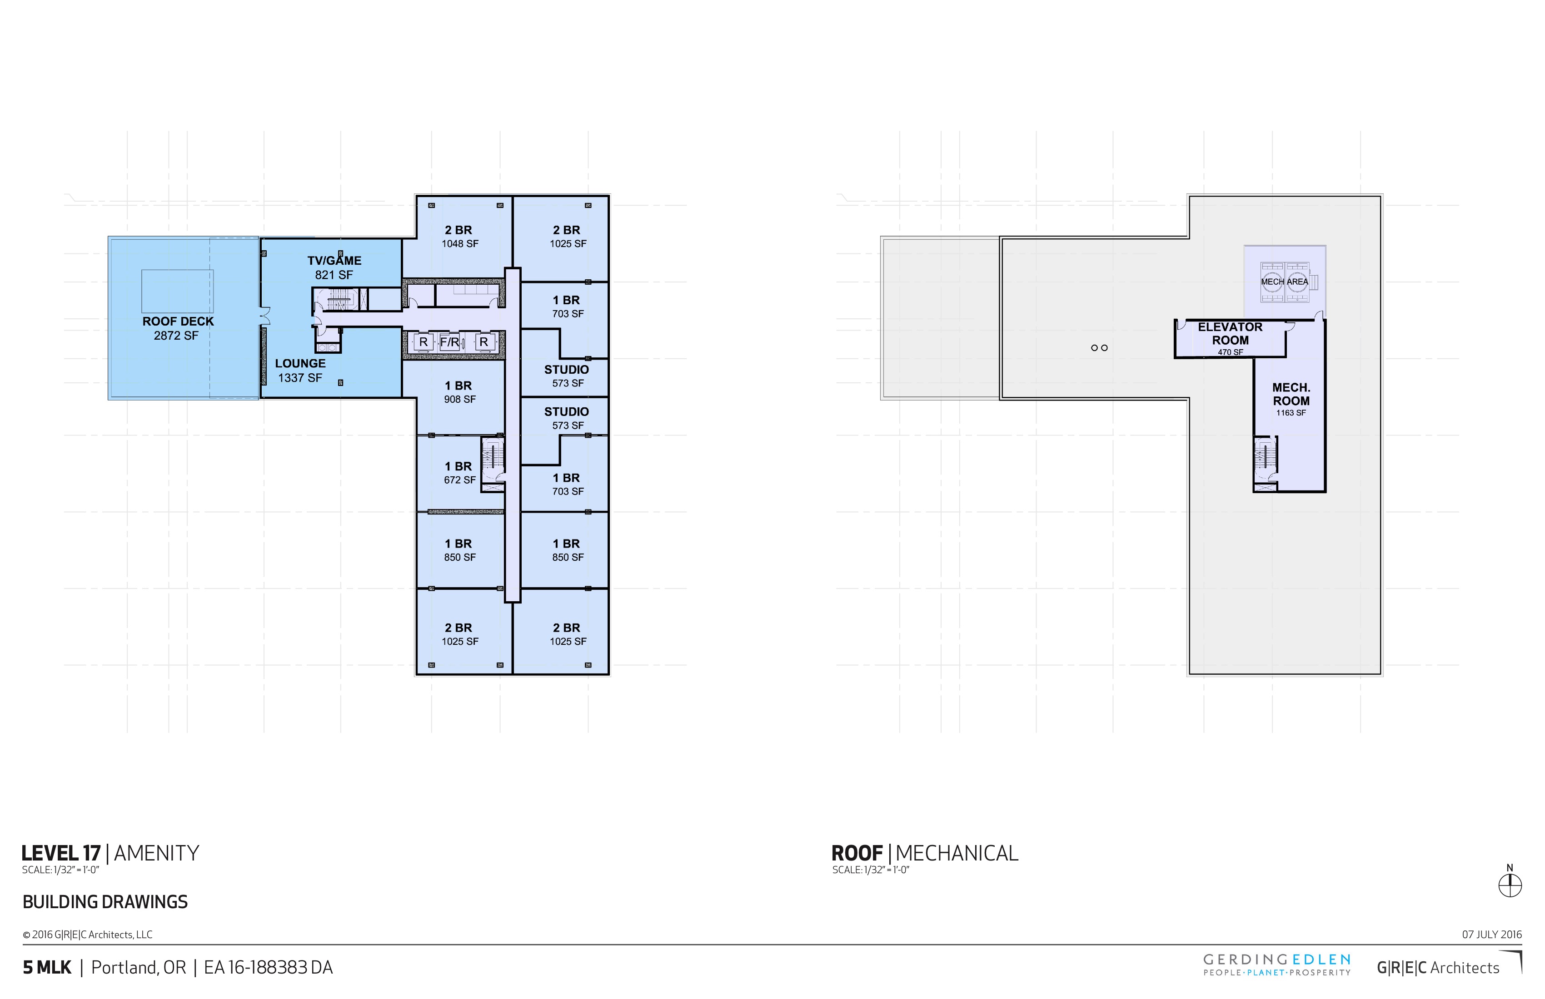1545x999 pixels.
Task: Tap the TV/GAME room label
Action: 334,267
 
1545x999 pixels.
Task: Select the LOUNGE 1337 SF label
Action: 300,371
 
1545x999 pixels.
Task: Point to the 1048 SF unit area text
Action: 459,244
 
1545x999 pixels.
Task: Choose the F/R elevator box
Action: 450,342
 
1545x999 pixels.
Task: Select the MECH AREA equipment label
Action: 1285,282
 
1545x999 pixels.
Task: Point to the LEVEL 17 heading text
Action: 61,853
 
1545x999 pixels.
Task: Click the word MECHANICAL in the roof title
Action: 957,853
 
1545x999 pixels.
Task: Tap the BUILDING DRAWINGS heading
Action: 105,902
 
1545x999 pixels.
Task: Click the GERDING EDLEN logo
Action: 1277,964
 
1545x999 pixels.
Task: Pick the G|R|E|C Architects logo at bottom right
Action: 1438,968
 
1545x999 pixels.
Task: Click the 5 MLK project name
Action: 47,968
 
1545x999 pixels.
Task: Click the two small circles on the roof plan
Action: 1099,348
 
